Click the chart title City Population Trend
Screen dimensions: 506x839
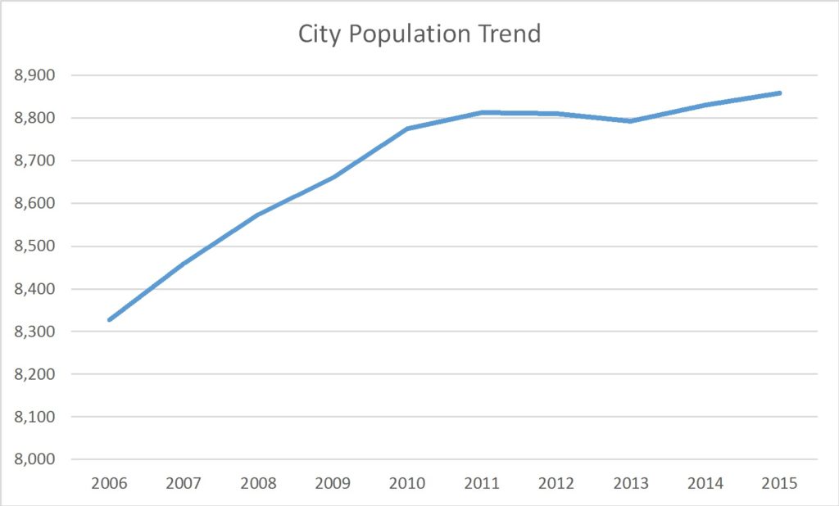click(419, 34)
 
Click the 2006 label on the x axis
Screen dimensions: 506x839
click(109, 483)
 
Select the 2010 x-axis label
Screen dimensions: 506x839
click(407, 483)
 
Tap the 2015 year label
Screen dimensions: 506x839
click(780, 483)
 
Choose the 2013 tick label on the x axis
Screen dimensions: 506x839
click(631, 483)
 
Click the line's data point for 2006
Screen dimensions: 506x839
click(109, 319)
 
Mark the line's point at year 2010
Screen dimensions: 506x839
click(407, 129)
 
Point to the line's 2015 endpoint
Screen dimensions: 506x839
click(780, 93)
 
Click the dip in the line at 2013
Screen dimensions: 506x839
click(631, 121)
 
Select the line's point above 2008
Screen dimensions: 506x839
click(258, 215)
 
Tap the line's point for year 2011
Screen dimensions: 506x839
click(482, 112)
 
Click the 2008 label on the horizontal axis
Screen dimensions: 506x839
click(258, 483)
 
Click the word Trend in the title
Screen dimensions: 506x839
click(510, 34)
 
